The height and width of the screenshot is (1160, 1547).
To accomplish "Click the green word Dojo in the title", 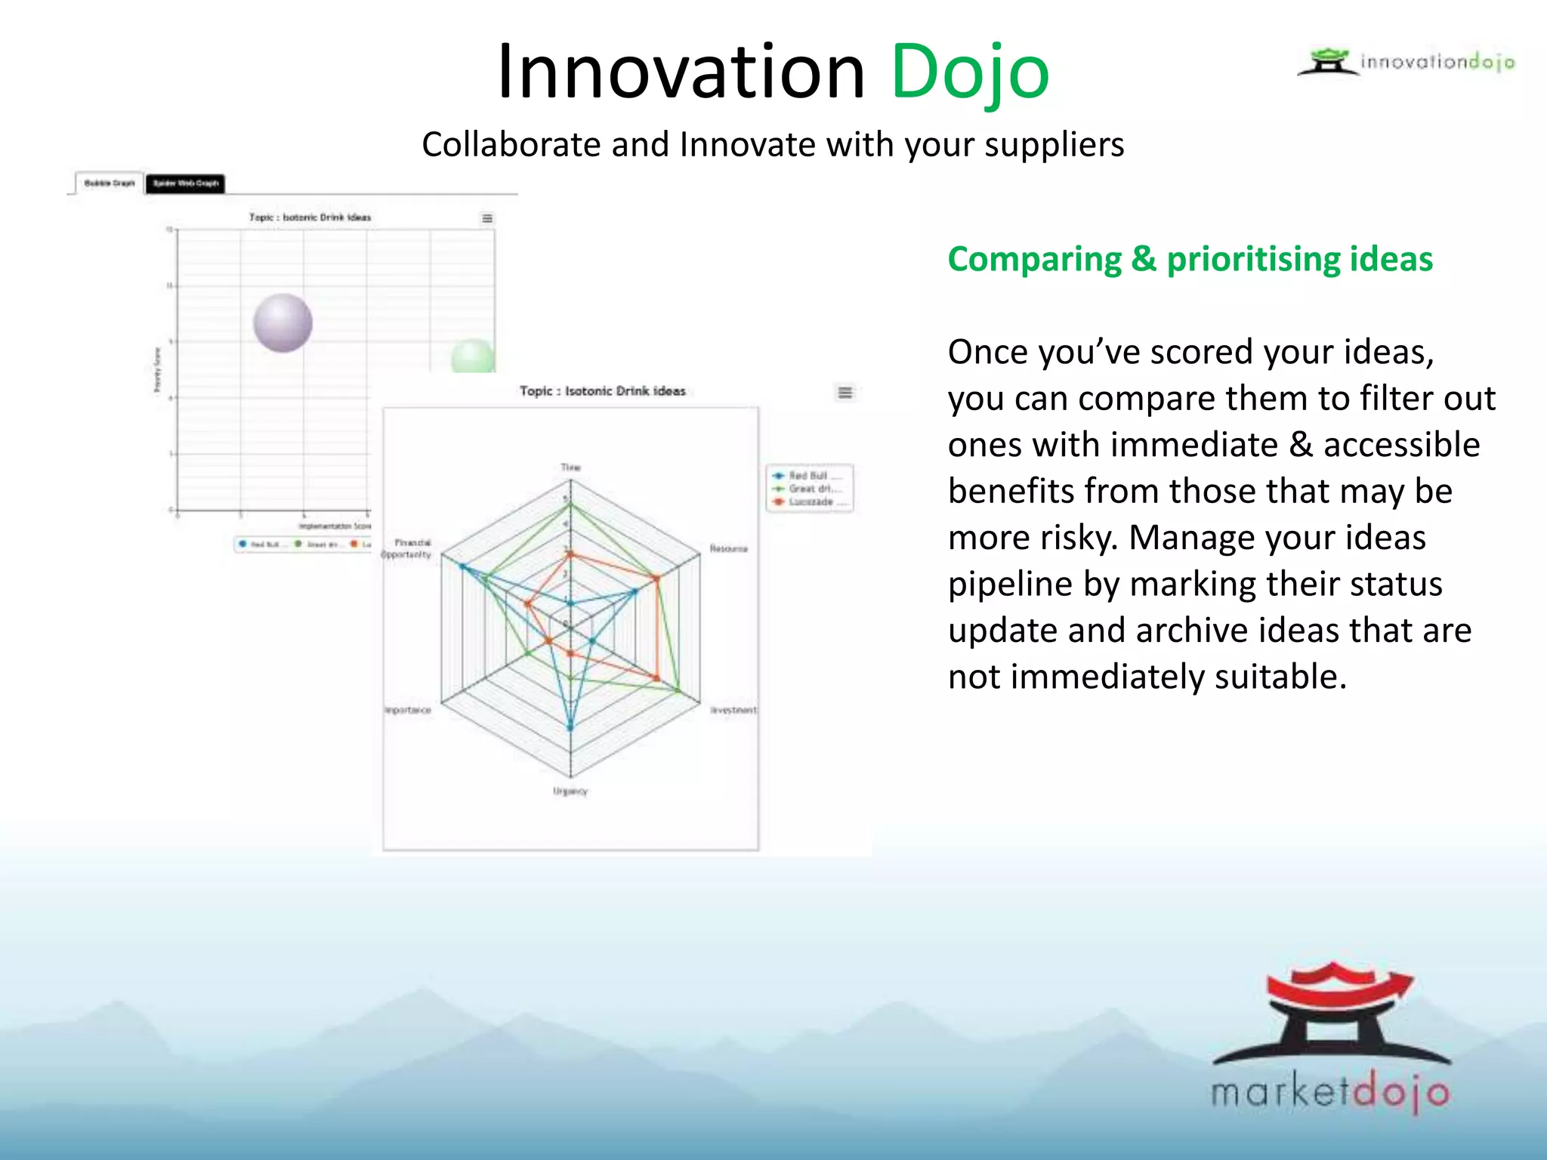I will [x=970, y=72].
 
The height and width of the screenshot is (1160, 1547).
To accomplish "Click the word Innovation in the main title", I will [x=681, y=72].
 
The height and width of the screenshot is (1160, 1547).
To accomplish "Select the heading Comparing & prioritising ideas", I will [x=1190, y=259].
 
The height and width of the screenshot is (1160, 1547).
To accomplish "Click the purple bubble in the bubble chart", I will [x=283, y=323].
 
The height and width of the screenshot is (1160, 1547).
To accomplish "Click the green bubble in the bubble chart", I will [x=473, y=357].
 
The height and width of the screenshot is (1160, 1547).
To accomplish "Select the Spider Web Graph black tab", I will [x=185, y=183].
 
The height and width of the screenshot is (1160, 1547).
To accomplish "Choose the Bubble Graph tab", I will [x=109, y=183].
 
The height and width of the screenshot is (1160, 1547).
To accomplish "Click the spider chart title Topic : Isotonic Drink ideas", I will [x=602, y=391].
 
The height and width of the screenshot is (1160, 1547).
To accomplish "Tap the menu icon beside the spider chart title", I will [x=845, y=393].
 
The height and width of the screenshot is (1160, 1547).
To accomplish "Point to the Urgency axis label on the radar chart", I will [x=570, y=791].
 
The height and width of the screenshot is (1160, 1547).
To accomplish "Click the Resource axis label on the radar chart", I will [x=728, y=548].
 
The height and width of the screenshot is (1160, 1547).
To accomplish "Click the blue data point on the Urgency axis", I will [x=570, y=728].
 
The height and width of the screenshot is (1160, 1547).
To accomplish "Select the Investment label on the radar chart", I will [x=733, y=710].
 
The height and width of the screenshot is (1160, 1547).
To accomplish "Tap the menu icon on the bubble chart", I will [x=487, y=218].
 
